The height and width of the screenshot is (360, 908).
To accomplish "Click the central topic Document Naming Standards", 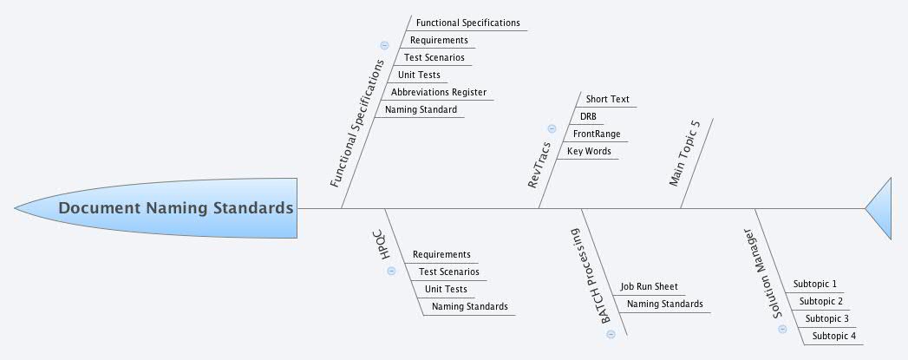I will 176,208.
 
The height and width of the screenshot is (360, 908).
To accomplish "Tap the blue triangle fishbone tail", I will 880,208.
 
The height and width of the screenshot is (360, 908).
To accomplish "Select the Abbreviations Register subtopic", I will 438,92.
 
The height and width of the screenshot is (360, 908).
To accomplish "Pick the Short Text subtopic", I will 607,99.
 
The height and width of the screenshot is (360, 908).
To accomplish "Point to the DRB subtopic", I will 588,116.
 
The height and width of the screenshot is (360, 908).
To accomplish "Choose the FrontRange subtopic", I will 597,134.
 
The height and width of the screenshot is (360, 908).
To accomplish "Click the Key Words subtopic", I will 589,151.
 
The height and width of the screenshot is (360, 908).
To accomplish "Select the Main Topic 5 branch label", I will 684,153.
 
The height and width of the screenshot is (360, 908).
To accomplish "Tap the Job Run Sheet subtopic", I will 649,286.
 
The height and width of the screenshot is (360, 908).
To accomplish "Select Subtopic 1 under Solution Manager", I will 814,284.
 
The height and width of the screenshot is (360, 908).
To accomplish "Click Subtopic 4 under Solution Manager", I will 833,336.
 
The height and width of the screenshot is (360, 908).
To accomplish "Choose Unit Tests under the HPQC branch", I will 446,289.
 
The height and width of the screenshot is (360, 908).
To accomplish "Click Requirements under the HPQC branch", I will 441,254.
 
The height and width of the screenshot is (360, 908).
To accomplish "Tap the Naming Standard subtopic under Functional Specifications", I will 421,109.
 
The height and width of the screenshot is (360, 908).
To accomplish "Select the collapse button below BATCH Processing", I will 611,334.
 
